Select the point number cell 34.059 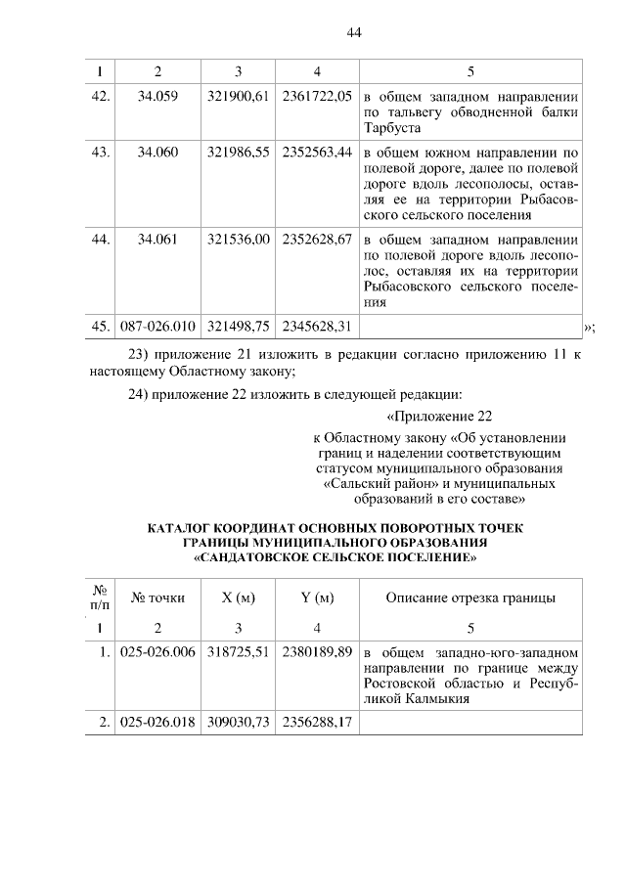tap(158, 97)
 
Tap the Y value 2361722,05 tap(316, 97)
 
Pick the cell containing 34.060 tap(158, 154)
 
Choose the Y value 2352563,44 tap(316, 154)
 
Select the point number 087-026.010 tap(158, 325)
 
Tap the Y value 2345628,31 tap(316, 325)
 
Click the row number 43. tap(99, 154)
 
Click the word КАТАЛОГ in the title tap(181, 529)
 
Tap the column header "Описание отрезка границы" tap(470, 597)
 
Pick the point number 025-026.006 tap(158, 652)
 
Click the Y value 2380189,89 tap(316, 652)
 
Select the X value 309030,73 tap(238, 723)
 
